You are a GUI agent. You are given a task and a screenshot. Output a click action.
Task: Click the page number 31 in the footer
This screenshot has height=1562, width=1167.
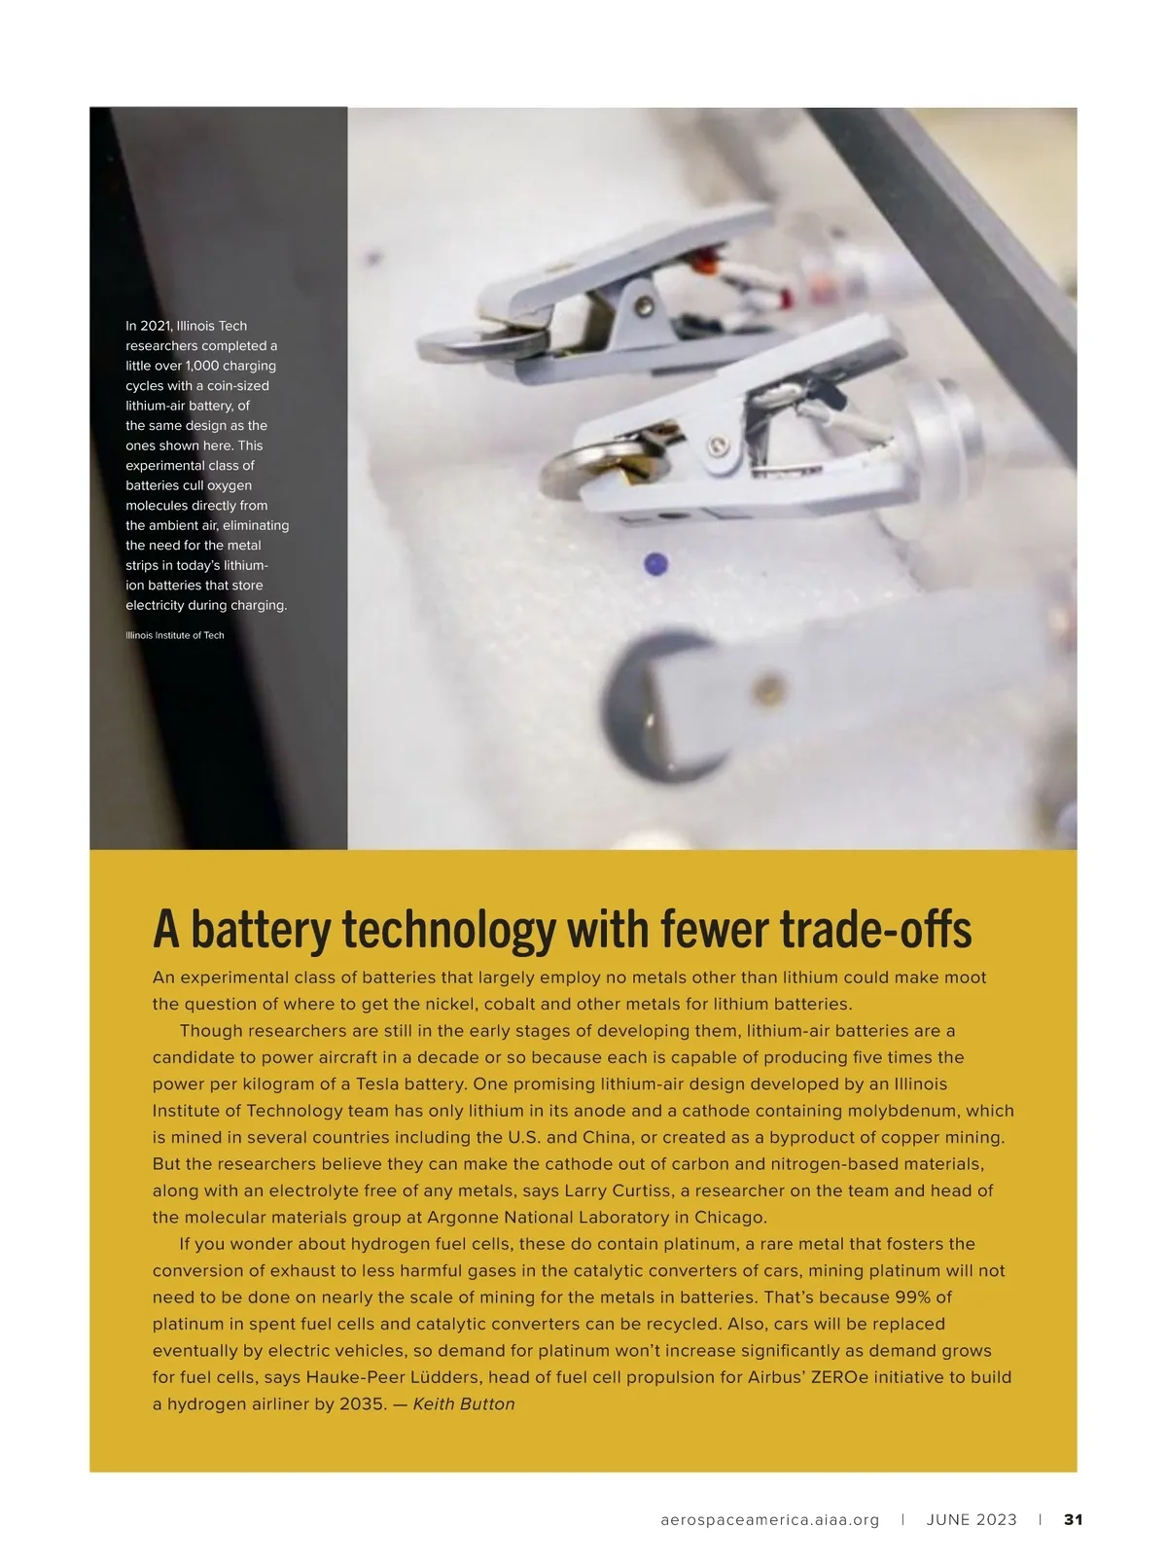pos(1073,1519)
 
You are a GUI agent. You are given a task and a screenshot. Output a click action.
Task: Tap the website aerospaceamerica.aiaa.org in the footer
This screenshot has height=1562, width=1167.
pos(769,1520)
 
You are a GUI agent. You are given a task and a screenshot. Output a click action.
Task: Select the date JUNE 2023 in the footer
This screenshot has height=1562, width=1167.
pos(971,1519)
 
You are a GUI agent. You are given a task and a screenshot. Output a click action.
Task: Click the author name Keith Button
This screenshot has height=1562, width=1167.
pos(464,1403)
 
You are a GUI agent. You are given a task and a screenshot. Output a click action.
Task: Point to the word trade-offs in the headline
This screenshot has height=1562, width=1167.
pos(874,930)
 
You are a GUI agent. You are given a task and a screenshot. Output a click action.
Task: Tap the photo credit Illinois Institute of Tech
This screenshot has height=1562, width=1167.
pos(174,635)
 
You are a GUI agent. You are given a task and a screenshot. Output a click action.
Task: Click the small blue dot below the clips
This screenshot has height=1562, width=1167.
pos(656,564)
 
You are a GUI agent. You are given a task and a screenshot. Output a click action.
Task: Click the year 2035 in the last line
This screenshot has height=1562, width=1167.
pos(363,1403)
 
